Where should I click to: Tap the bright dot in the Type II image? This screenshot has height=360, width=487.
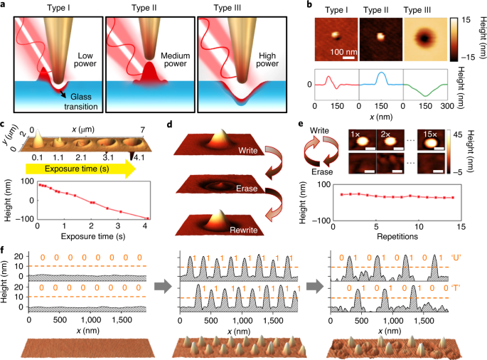tap(380, 33)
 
